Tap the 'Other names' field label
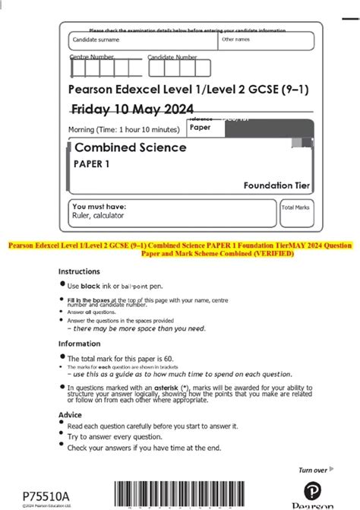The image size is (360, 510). point(235,39)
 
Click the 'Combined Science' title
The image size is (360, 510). point(130,147)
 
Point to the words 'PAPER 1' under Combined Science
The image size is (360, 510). point(90,163)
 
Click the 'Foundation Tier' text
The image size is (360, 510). point(276,185)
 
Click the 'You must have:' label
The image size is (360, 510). point(99,206)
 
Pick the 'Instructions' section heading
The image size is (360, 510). point(79,271)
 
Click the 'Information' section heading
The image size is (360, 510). point(81,344)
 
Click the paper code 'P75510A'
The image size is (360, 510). point(46,496)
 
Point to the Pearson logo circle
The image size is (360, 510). point(313,490)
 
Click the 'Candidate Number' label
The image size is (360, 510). point(172,57)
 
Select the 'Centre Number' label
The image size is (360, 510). point(92,57)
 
